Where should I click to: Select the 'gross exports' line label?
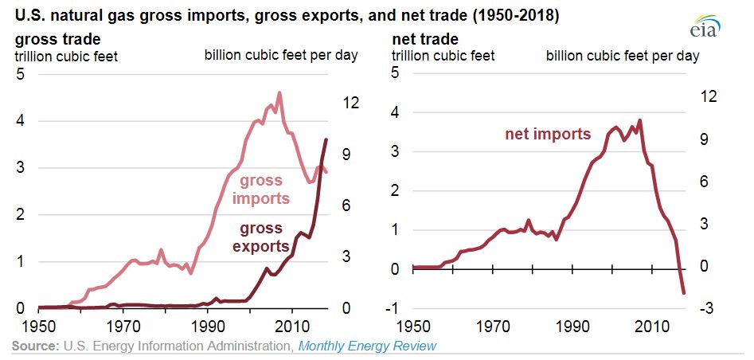(x=261, y=237)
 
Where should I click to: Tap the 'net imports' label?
(x=548, y=134)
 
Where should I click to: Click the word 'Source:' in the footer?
(x=34, y=346)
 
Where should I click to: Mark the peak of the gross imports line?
(x=279, y=92)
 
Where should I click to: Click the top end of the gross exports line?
(x=326, y=140)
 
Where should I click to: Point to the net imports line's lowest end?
(x=684, y=293)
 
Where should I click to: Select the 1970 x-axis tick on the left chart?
(x=123, y=327)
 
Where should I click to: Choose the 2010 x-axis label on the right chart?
(x=653, y=327)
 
